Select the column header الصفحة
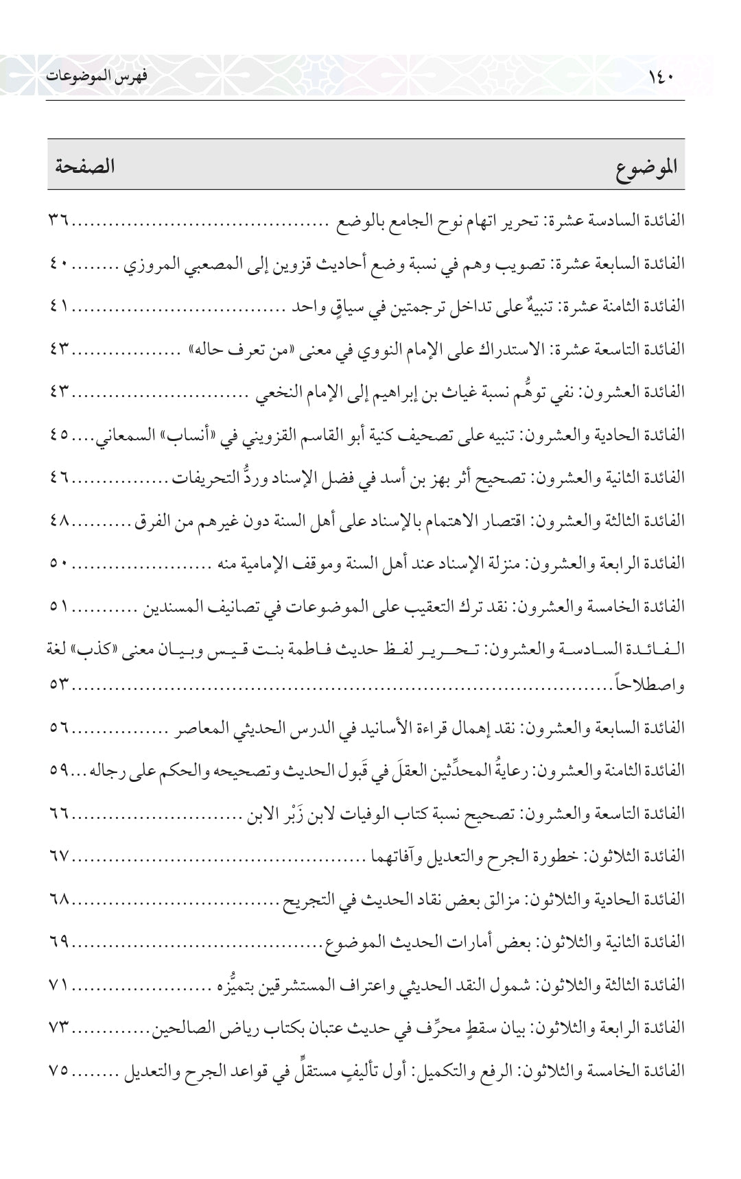(80, 166)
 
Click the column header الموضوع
(644, 167)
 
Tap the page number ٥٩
(60, 770)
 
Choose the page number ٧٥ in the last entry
(60, 1071)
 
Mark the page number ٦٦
(60, 813)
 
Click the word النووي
(391, 349)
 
